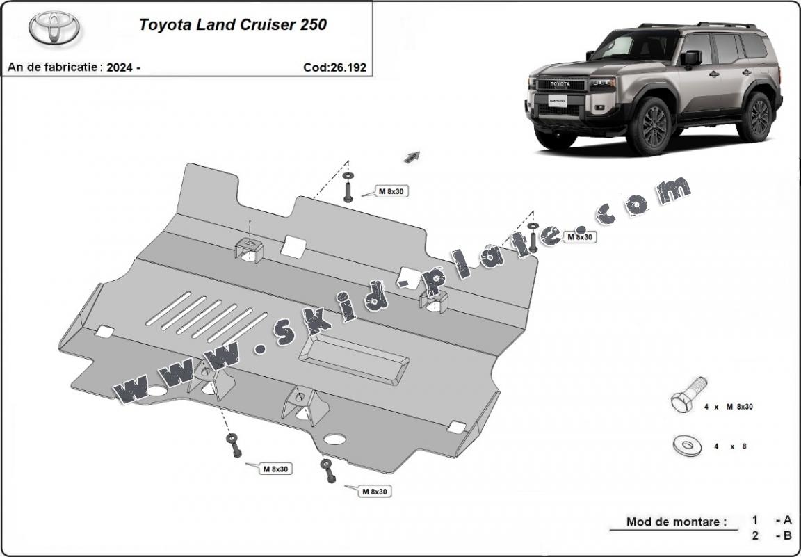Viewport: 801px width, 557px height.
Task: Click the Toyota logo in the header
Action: (x=54, y=29)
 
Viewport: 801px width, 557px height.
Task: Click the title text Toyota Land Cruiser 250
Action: (x=233, y=25)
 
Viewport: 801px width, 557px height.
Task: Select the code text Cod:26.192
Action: (x=334, y=67)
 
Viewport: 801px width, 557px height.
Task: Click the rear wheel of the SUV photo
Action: (x=757, y=115)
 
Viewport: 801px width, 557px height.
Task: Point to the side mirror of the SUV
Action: (x=691, y=58)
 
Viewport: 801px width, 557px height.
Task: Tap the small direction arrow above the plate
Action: (x=412, y=156)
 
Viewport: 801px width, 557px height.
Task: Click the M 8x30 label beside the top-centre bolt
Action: (x=391, y=191)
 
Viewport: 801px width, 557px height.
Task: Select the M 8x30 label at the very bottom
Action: (x=374, y=492)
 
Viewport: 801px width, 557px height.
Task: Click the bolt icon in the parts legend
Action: (x=688, y=395)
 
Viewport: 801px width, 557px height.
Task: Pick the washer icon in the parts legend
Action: (x=687, y=445)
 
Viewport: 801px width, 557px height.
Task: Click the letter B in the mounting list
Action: (x=788, y=535)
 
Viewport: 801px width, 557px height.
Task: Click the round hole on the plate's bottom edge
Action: (x=335, y=439)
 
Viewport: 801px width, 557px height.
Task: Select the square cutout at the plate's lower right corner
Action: (x=457, y=427)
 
